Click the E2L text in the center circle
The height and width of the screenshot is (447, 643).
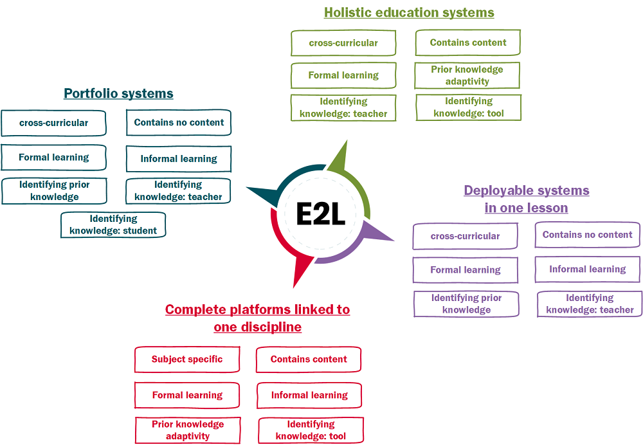320,214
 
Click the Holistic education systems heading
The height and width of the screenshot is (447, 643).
409,12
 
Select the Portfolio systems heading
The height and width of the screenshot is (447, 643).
118,93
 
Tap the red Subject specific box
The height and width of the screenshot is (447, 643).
187,360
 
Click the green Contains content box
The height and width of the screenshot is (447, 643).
467,43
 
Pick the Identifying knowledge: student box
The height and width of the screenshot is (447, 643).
113,224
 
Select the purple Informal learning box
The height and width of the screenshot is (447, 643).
587,269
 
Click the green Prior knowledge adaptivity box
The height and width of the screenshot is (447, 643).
467,75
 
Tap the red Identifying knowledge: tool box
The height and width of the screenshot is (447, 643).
311,430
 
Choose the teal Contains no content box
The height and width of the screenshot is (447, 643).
179,123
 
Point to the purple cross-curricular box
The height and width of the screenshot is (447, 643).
465,236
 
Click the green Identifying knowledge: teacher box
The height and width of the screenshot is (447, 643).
343,107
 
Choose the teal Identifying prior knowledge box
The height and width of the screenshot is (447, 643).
54,191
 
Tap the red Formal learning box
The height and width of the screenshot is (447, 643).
187,395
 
